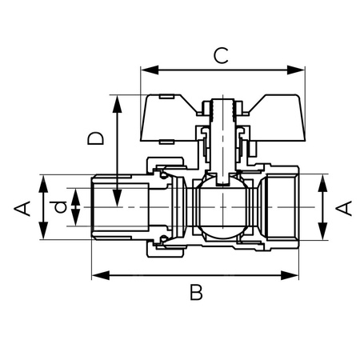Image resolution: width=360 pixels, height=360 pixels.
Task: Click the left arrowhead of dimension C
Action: point(146,70)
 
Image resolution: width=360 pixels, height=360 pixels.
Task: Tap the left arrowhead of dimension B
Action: point(98,274)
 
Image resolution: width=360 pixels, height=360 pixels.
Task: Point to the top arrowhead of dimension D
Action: point(117,101)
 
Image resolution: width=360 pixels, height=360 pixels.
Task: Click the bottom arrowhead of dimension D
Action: point(117,200)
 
